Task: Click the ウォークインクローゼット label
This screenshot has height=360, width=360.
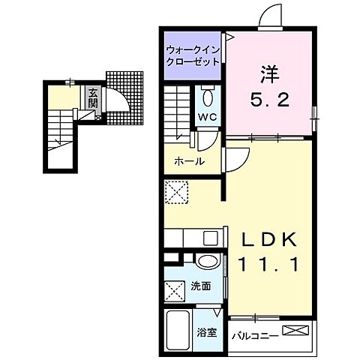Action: pyautogui.click(x=192, y=55)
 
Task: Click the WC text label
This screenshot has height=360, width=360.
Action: pyautogui.click(x=208, y=117)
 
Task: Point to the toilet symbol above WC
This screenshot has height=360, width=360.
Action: pyautogui.click(x=208, y=97)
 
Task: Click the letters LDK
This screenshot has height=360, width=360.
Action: pyautogui.click(x=269, y=238)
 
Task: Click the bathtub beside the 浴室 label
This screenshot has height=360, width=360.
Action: pyautogui.click(x=177, y=330)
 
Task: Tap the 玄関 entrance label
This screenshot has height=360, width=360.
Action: pyautogui.click(x=92, y=99)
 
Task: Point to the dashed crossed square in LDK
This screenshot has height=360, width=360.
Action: pyautogui.click(x=176, y=192)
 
